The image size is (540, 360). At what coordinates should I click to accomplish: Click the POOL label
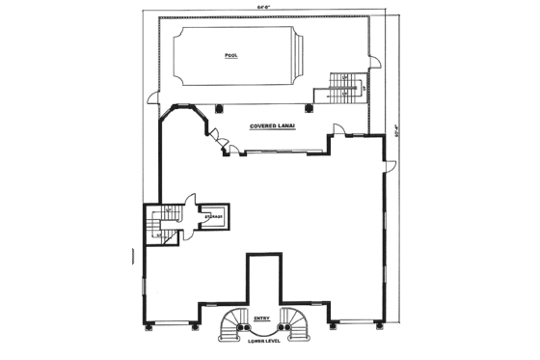point(230,56)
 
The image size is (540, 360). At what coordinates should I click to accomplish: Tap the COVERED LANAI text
point(273,125)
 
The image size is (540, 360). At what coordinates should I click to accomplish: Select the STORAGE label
point(214,217)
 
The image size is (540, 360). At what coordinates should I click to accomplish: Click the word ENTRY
point(261,318)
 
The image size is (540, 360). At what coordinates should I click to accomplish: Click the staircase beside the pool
point(343,88)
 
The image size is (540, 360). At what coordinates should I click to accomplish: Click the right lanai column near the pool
point(317,107)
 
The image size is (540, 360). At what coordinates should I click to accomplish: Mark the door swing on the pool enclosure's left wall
point(150,95)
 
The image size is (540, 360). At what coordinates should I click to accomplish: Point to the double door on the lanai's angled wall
point(224,146)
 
